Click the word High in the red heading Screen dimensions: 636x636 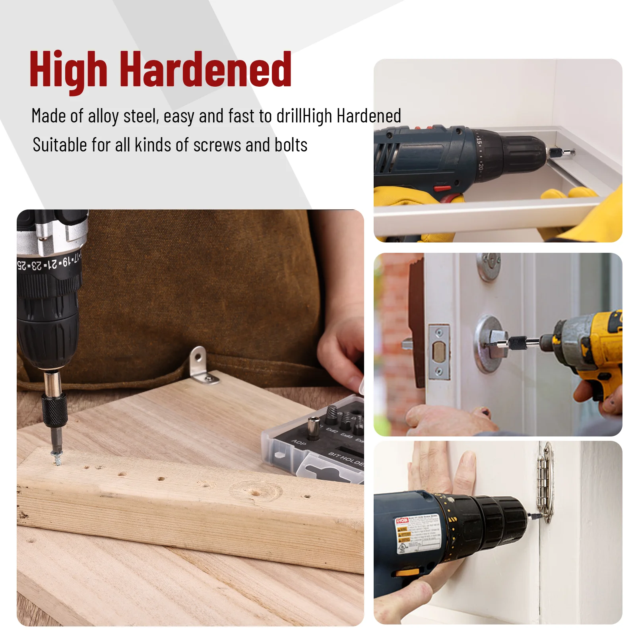click(68, 70)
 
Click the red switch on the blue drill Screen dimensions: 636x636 click(442, 188)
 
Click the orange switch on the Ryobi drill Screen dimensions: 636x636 click(407, 573)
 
